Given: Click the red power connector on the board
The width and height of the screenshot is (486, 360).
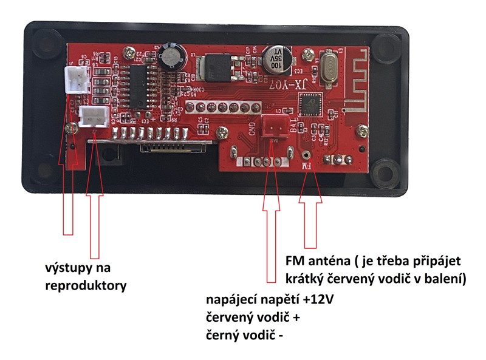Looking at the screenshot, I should coord(272,126).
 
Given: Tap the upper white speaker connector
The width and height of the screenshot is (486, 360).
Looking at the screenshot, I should coord(75,77).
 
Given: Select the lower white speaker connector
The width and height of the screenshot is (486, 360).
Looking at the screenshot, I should coord(92,115).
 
